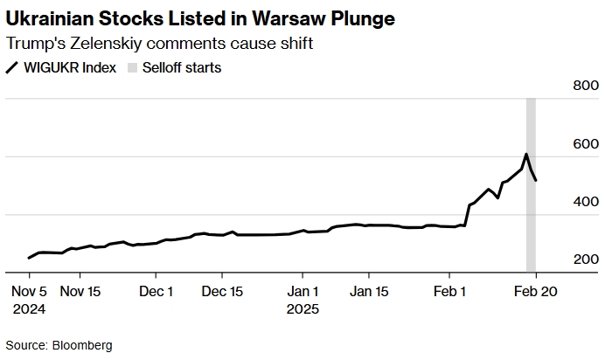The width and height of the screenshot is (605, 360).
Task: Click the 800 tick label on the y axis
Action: [586, 86]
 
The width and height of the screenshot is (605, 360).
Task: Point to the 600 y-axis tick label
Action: [586, 144]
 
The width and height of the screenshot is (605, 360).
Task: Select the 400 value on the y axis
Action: [586, 202]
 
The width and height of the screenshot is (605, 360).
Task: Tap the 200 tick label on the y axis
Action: [586, 260]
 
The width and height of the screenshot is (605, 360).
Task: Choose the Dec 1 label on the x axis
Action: [156, 292]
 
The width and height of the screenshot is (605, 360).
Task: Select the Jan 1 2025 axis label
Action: [302, 300]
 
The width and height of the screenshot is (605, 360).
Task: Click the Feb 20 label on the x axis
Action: [534, 292]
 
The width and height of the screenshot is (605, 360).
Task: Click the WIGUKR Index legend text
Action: [69, 68]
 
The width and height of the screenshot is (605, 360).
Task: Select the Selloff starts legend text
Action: [182, 68]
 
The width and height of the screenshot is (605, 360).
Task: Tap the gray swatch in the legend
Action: [132, 68]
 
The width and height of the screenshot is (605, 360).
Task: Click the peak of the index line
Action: [526, 155]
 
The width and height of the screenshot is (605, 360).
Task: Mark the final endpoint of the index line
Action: [536, 181]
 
